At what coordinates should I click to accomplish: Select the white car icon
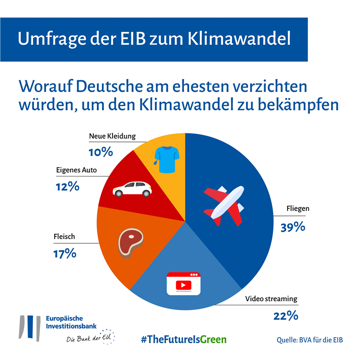(x=132, y=189)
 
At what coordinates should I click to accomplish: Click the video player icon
(x=184, y=284)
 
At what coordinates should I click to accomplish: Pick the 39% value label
(x=293, y=227)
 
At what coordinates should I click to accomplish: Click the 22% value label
(x=285, y=316)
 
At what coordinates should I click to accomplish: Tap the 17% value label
(x=65, y=253)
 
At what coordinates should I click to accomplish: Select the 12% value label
(x=67, y=186)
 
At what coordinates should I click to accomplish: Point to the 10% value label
(x=100, y=152)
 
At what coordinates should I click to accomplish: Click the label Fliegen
(x=298, y=208)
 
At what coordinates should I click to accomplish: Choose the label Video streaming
(x=271, y=299)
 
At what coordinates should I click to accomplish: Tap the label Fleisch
(x=65, y=236)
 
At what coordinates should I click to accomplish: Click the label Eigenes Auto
(x=76, y=170)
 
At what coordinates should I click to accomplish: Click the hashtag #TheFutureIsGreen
(x=184, y=339)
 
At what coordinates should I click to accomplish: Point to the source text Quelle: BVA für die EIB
(x=309, y=339)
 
